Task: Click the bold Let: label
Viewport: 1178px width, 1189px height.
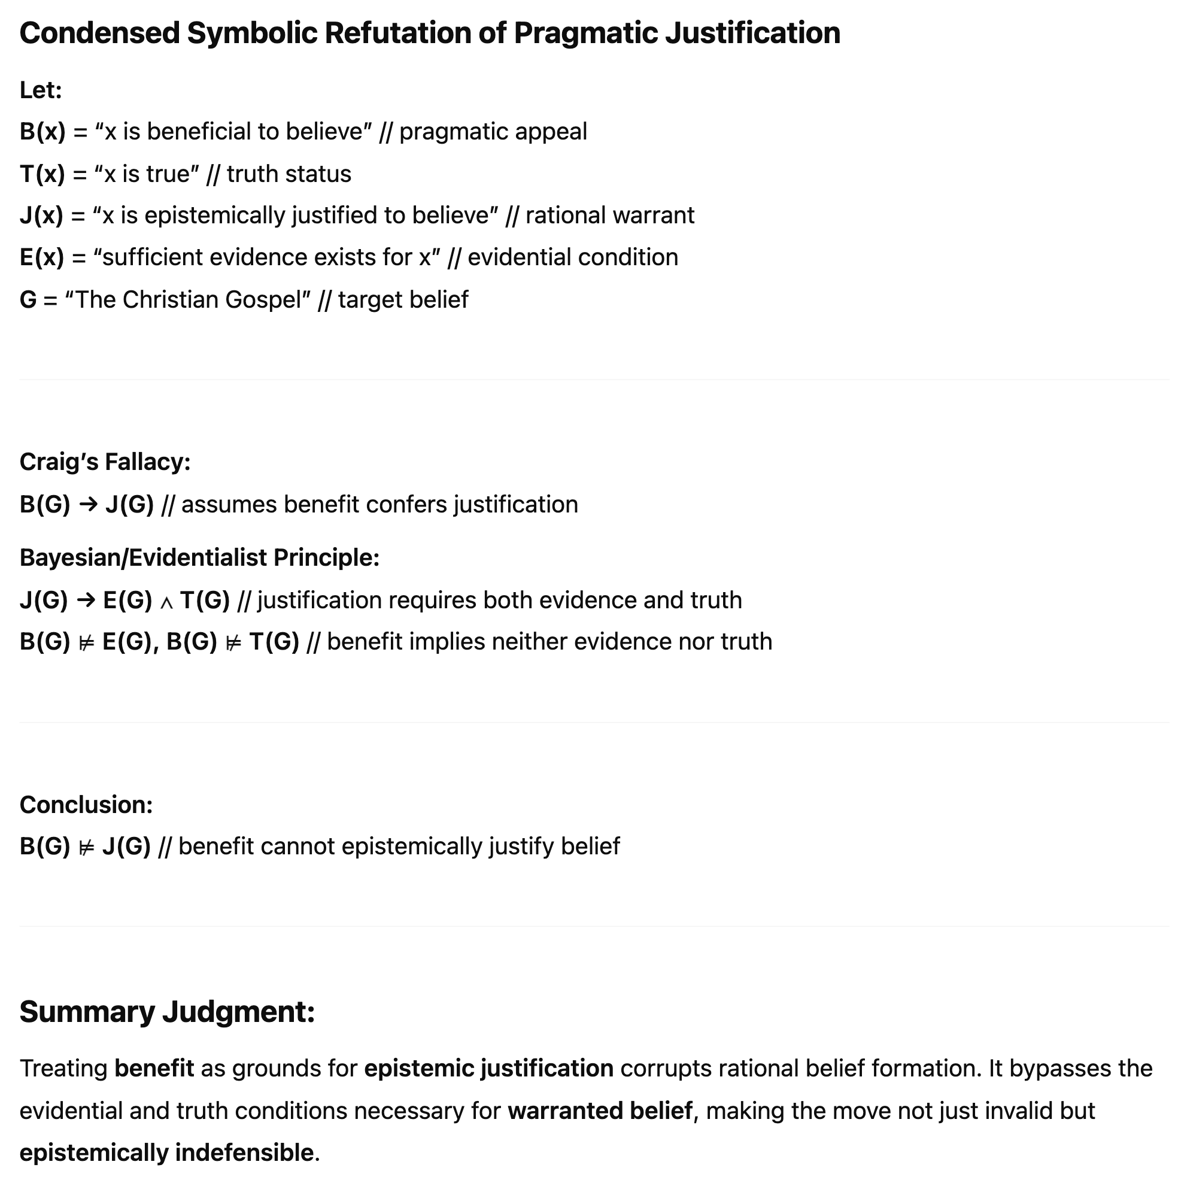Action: click(41, 90)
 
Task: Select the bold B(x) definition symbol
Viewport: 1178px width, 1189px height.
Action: click(42, 132)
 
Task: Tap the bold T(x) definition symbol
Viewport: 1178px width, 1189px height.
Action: click(42, 174)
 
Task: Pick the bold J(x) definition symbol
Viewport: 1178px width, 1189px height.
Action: click(41, 216)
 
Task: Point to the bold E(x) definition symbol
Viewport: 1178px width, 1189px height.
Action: click(42, 257)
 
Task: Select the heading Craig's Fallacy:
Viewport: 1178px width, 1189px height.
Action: click(105, 462)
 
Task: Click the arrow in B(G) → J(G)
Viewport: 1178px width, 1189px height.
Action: click(88, 505)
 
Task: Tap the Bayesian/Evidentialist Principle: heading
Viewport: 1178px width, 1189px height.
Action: click(199, 557)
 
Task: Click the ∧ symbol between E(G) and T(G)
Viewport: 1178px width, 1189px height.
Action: click(166, 601)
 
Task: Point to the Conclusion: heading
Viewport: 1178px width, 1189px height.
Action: click(86, 805)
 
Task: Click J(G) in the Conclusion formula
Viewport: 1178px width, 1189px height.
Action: click(126, 846)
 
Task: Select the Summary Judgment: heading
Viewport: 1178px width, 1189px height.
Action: click(167, 1012)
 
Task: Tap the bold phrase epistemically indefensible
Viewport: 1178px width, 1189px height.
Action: click(167, 1152)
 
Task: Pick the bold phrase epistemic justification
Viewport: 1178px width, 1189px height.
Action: click(488, 1069)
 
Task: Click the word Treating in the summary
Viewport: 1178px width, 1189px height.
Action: click(63, 1069)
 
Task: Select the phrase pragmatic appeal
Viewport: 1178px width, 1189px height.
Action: click(493, 132)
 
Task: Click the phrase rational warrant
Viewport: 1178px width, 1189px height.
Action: click(609, 216)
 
